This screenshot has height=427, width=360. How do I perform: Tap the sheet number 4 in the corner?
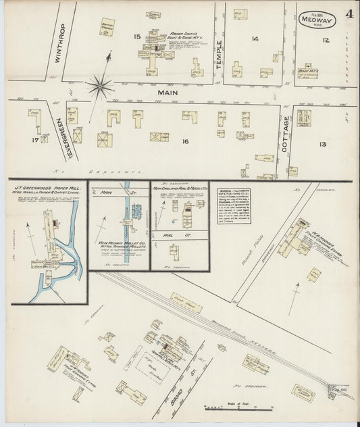(346, 13)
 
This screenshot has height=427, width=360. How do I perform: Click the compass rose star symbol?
(100, 85)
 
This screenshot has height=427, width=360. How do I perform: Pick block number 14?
(255, 39)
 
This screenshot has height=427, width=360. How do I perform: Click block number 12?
(326, 41)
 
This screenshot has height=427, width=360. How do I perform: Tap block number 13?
(322, 144)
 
